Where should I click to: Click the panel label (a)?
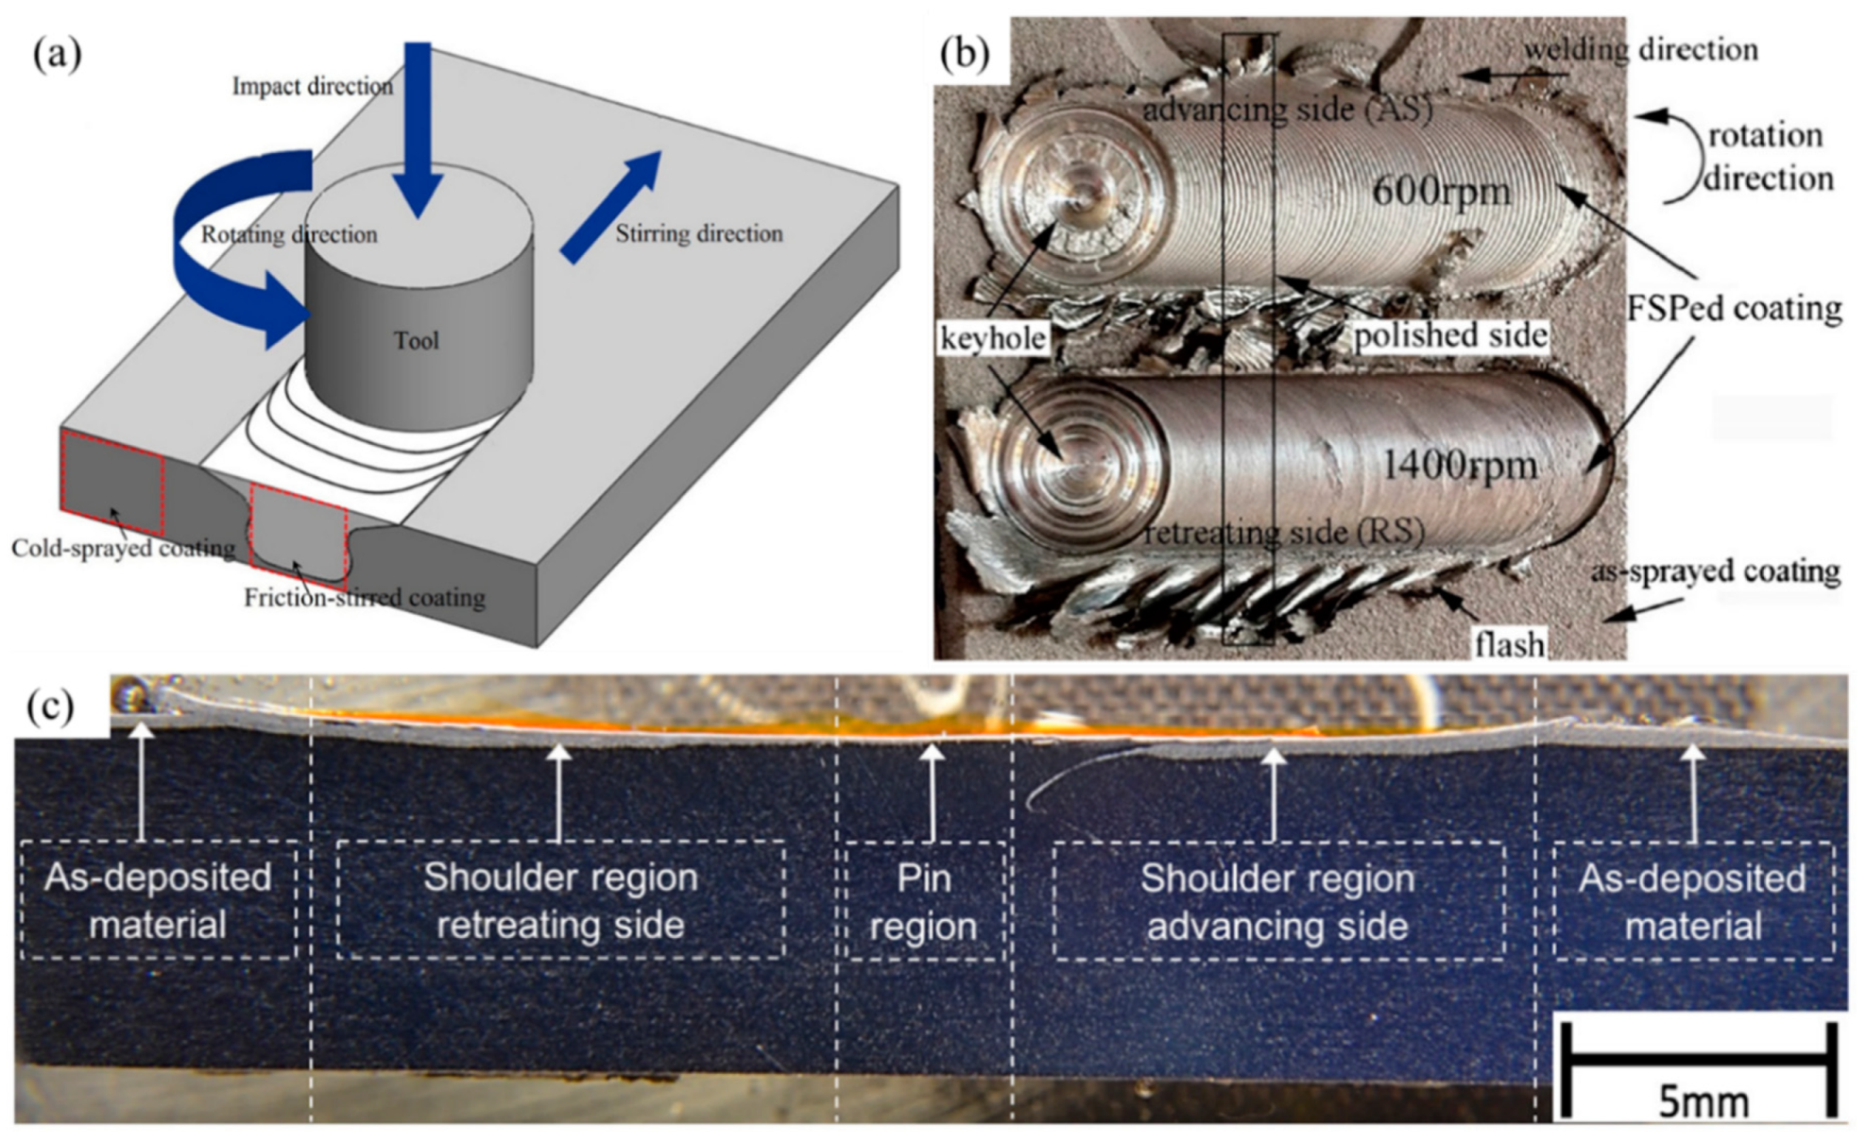57,55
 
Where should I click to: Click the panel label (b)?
965,54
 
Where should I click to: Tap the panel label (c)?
50,706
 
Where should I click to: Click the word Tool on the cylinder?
416,340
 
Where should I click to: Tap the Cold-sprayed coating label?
123,549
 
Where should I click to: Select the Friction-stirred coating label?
365,598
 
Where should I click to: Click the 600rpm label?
1441,192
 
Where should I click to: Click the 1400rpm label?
1460,465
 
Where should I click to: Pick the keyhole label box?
993,337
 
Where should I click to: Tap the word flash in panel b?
1509,644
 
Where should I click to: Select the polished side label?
1450,335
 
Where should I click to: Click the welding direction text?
1641,50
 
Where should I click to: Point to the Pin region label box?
924,901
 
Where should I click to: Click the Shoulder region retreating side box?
560,900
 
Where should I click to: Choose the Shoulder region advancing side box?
1277,901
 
